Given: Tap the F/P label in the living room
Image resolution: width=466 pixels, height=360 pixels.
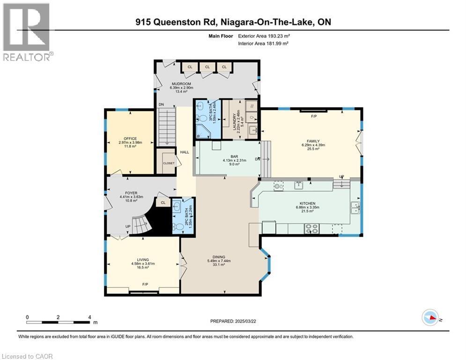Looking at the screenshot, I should point(145,285).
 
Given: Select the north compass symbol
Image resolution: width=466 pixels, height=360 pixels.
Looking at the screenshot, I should point(431,319).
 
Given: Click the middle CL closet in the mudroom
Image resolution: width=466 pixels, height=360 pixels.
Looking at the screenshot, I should point(207,67).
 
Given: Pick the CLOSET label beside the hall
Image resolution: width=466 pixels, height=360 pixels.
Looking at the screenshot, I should point(168,163).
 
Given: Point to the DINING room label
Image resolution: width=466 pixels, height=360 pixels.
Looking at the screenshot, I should point(219,257).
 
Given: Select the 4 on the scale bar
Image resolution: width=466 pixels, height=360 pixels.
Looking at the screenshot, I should point(89,317).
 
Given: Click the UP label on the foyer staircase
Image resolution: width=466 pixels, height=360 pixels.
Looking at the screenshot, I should point(127,227).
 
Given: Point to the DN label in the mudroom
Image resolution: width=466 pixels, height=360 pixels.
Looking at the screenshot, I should point(161,104).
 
